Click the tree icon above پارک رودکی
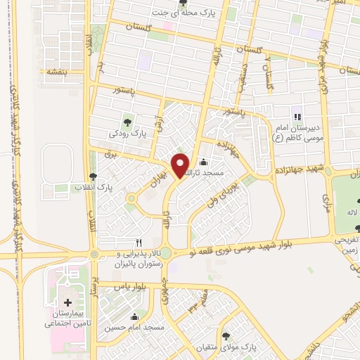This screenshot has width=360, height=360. click(127, 119)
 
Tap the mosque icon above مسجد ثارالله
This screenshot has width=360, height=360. click(204, 161)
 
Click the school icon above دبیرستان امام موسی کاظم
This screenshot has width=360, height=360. click(297, 116)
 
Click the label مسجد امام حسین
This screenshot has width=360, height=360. click(135, 328)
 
